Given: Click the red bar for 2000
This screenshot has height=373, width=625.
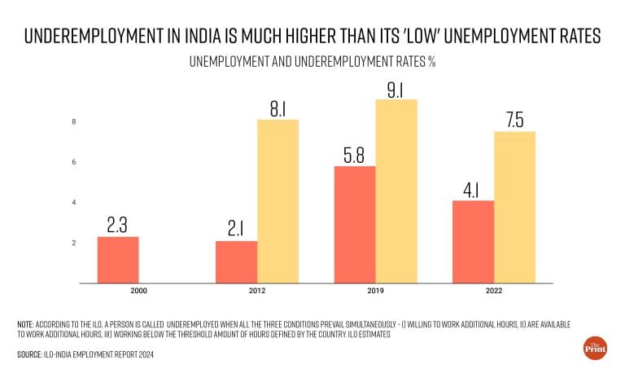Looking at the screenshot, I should point(118,260).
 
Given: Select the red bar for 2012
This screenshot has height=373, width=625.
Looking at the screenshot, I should point(236,261).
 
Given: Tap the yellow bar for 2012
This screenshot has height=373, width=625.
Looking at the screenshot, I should point(278,201).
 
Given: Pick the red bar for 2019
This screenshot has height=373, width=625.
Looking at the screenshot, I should point(355,225).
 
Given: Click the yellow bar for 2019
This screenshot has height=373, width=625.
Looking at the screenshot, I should point(396,191).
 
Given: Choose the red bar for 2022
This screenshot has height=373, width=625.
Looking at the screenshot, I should point(474,242).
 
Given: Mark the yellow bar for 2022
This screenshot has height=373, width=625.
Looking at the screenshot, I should point(515,207).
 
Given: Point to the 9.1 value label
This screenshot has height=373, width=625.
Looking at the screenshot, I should point(396,85).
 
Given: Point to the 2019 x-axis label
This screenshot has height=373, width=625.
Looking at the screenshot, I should point(375,292).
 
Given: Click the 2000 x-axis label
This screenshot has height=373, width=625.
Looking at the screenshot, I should point(138,292).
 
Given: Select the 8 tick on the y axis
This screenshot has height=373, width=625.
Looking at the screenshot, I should point(74,122).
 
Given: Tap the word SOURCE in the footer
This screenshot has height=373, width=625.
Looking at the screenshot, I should point(31,356).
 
